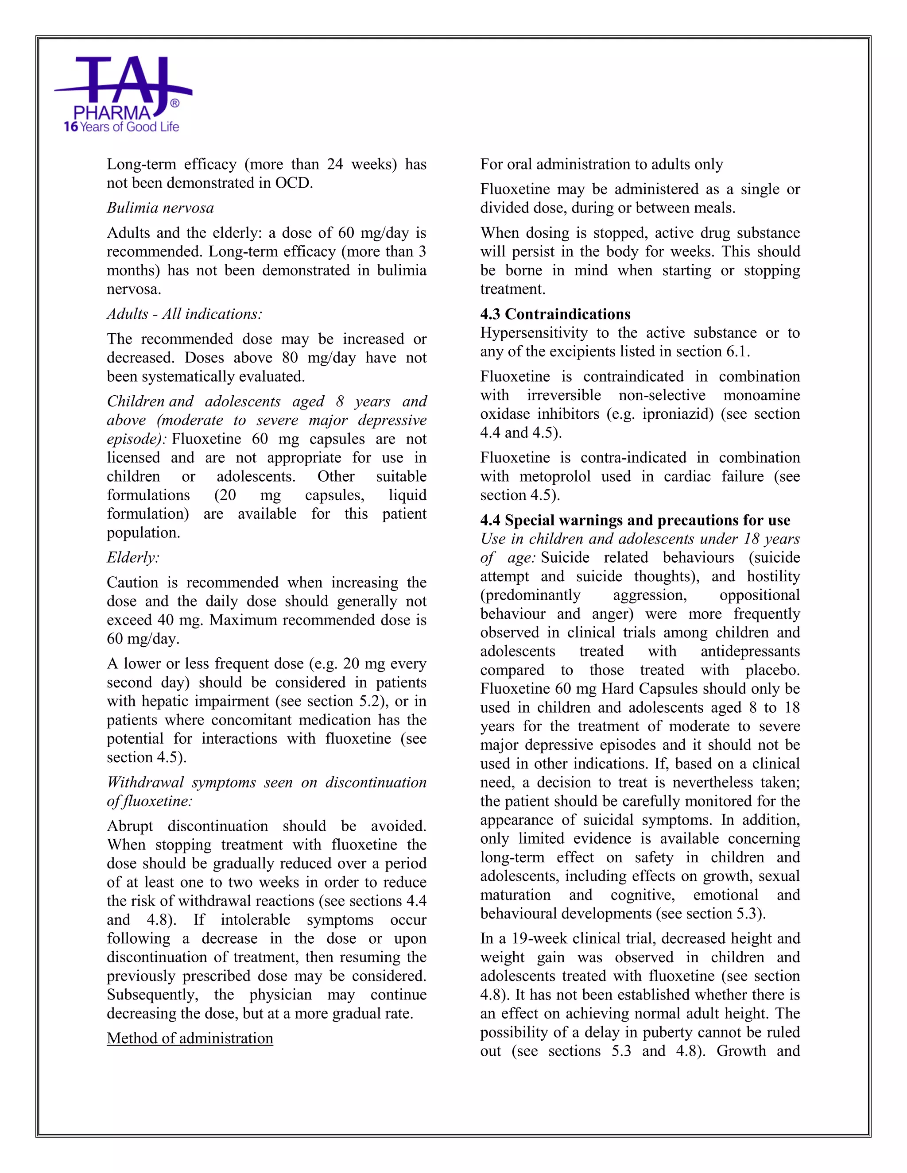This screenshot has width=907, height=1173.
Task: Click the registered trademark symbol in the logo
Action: tap(174, 103)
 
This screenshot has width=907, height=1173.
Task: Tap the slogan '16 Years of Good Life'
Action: tap(121, 127)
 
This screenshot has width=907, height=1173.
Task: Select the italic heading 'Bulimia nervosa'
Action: tap(160, 208)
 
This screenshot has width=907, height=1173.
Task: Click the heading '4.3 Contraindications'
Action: tap(555, 314)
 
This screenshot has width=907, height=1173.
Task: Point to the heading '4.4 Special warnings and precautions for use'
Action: tap(635, 521)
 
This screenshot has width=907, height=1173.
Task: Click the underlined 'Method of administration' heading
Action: tap(190, 1038)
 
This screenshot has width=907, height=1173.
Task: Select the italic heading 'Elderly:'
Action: tap(133, 557)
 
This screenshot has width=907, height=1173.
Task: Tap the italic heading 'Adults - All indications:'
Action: tap(184, 314)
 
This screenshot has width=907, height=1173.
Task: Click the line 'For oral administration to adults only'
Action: tap(601, 164)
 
